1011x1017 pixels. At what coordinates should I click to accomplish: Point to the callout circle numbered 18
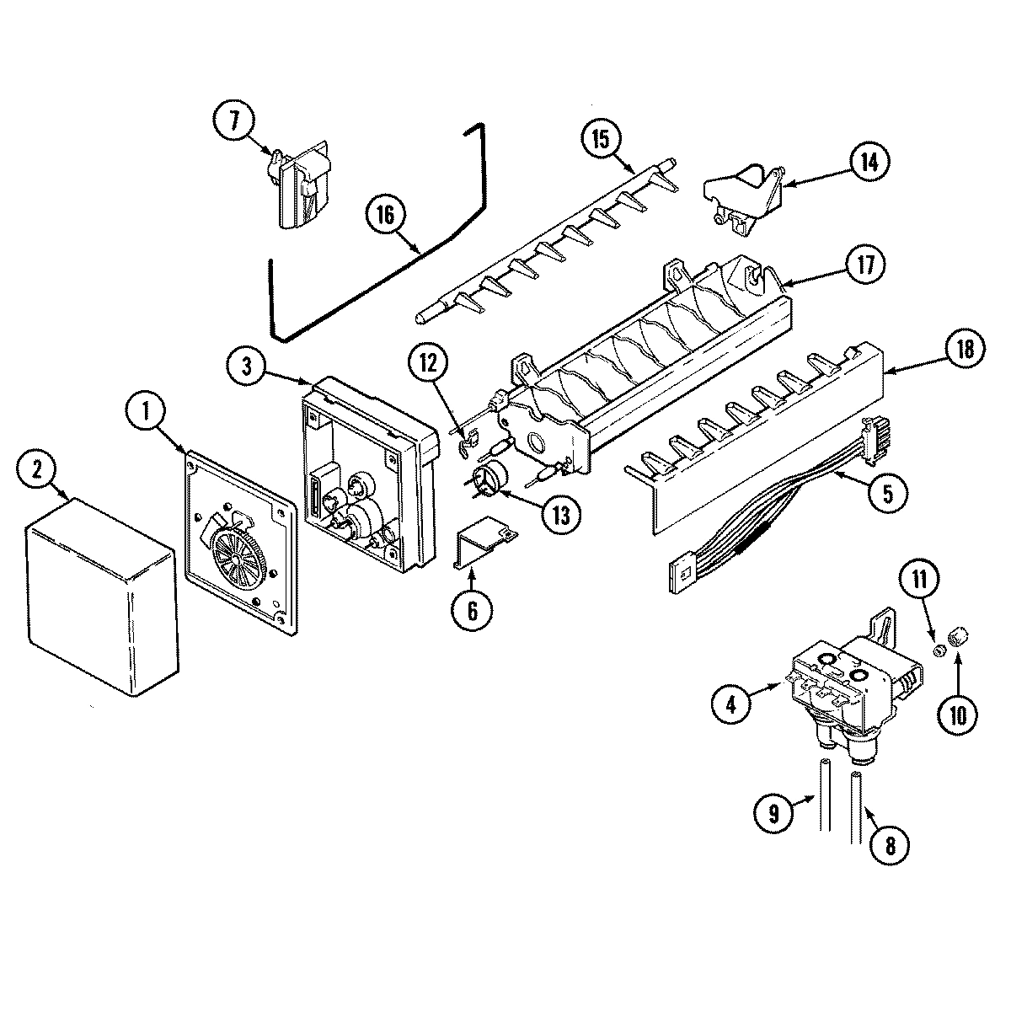coord(965,351)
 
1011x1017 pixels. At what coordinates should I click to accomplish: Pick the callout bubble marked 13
coord(538,514)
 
